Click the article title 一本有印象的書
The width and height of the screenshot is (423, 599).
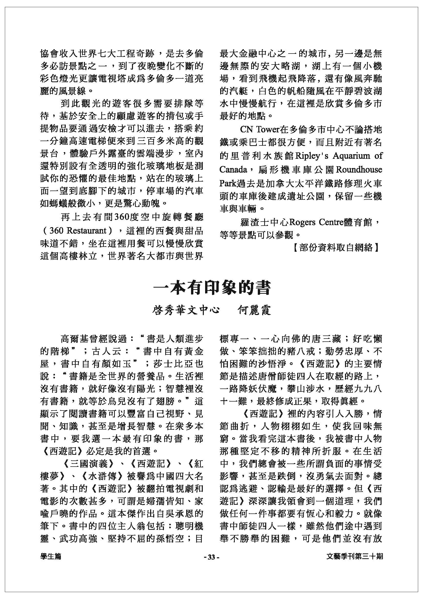(x=211, y=288)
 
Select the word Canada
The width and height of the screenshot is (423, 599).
(x=233, y=170)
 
